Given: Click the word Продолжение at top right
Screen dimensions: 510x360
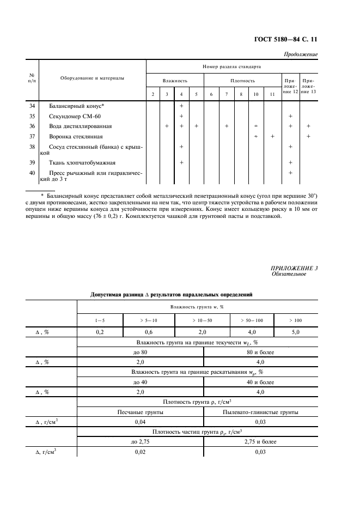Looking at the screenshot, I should pos(301,54).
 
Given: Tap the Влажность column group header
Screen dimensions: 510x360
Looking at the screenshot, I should pos(175,81).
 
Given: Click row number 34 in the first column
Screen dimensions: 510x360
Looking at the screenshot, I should pos(31,106).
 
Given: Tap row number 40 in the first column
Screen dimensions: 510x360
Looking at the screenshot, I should pos(31,173).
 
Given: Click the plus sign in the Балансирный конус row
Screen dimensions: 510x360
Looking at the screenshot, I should pos(181,106).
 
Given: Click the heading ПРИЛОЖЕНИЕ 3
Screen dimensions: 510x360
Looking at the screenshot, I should pos(294,268).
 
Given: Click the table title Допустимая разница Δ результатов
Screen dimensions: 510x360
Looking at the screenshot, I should pos(172,294).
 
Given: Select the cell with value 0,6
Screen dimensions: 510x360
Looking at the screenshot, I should pos(147,331).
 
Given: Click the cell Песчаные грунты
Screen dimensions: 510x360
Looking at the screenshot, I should pos(141,412).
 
